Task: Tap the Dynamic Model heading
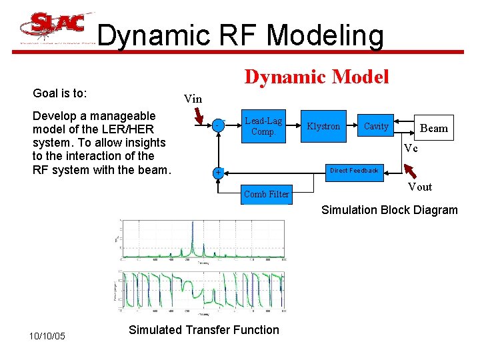point(317,77)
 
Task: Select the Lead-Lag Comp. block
point(263,126)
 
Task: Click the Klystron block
point(323,126)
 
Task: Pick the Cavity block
point(376,126)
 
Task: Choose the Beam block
point(434,128)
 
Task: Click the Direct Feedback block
point(354,171)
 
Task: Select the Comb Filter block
point(266,194)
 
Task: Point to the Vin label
point(193,99)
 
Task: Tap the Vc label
point(411,149)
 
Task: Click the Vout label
point(420,187)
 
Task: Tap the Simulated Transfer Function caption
point(204,329)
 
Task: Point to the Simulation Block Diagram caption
point(389,210)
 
